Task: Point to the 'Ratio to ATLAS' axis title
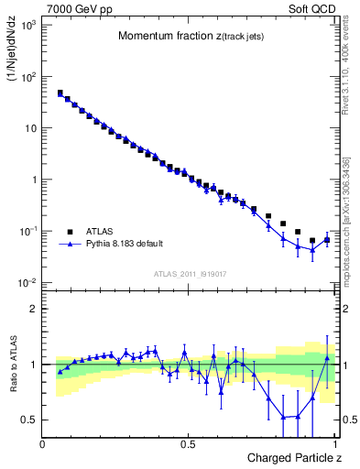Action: click(13, 365)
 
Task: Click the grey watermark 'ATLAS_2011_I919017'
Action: click(190, 273)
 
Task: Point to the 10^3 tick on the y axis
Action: click(29, 25)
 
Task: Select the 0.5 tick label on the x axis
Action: click(189, 443)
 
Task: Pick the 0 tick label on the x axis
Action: click(43, 443)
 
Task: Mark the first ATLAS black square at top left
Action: click(60, 93)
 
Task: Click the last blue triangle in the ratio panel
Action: click(327, 358)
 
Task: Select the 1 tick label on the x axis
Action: click(334, 443)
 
